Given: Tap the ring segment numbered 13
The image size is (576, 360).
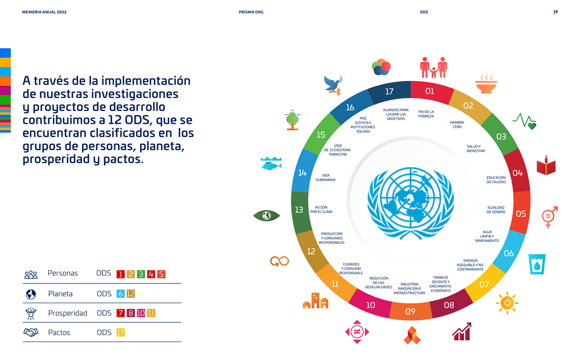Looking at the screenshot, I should (299, 210).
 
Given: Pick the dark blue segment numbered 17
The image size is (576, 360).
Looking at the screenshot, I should (389, 92).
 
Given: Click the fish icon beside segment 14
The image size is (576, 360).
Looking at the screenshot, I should (271, 164).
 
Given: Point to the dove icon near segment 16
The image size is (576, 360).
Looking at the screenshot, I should (334, 84).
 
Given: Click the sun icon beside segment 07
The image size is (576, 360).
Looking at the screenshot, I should (507, 303).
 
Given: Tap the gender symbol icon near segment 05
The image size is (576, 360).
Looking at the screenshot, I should (549, 217).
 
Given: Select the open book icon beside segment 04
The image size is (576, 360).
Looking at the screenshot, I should (546, 166).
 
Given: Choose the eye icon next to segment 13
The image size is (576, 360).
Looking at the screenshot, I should (266, 215).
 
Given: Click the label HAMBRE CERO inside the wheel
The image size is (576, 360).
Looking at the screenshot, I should (457, 124).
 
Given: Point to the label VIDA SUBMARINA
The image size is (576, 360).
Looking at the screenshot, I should (326, 178).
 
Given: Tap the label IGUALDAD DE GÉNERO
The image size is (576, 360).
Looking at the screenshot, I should (496, 210).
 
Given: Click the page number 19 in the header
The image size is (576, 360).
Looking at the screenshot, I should (555, 12).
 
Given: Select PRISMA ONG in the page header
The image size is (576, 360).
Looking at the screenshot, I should (251, 12).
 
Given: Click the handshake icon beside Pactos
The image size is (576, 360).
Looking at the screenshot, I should (30, 332).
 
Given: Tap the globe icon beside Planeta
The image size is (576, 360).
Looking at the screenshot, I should (30, 294).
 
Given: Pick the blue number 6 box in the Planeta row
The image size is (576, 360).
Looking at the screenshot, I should (120, 294).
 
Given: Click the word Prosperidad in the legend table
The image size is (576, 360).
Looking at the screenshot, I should (67, 313).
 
